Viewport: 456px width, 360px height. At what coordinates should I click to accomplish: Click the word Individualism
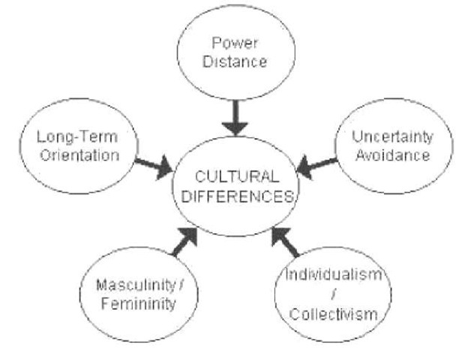click(337, 274)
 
